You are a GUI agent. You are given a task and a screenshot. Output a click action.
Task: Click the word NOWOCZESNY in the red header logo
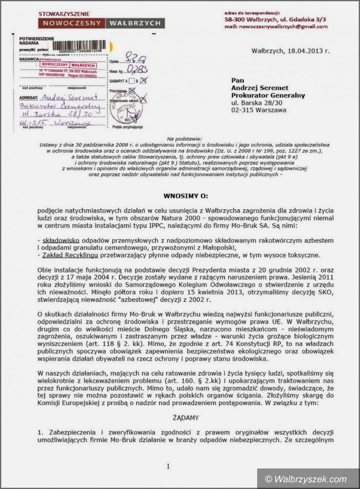tap(71, 23)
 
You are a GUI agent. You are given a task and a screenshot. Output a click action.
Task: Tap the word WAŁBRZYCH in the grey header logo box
tap(135, 23)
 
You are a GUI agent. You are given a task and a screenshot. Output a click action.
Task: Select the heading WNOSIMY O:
tap(186, 196)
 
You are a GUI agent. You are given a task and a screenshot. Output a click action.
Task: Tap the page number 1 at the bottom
tap(168, 466)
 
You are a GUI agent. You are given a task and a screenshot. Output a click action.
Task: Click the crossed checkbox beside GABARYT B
tap(144, 80)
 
